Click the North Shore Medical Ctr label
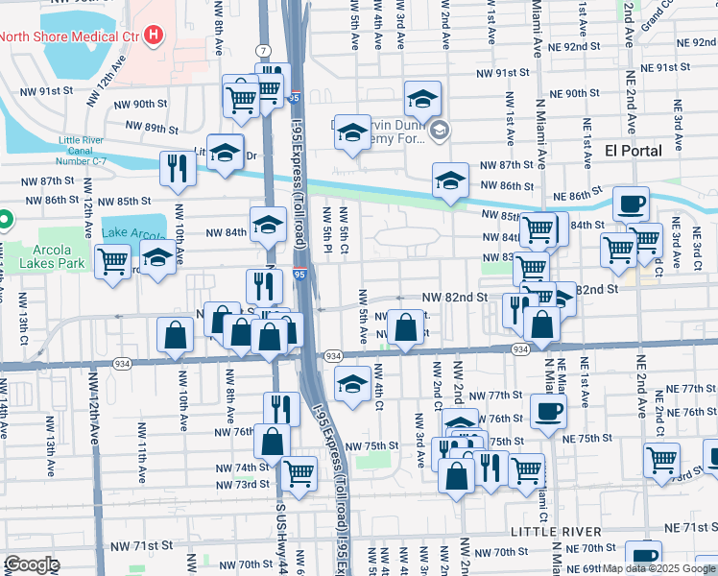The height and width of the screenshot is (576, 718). coord(69,37)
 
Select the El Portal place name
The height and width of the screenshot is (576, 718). coord(634,151)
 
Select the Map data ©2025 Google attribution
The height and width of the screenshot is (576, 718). coord(658,568)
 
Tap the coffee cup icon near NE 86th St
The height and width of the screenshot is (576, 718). coord(631,204)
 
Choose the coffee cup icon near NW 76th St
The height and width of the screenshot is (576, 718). coord(548,410)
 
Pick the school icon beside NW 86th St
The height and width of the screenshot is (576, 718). coord(449,180)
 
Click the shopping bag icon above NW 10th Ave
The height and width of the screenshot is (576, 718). coord(177,335)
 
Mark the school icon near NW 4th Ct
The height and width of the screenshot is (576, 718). coord(352,384)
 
